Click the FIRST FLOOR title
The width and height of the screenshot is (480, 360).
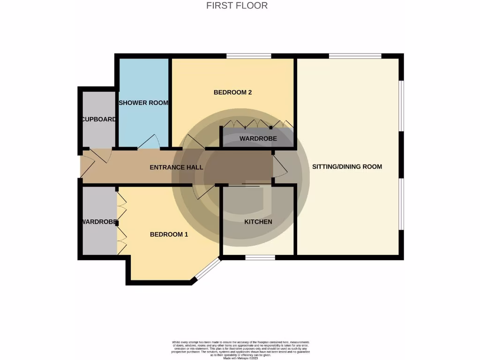pos(237,6)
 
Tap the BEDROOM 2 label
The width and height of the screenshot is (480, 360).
pos(232,92)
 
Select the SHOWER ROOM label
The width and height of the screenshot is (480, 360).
pos(143,103)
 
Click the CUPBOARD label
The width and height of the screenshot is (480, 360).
pos(98,119)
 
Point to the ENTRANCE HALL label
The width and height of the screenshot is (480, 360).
pos(176,167)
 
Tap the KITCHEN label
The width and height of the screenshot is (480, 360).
pos(258,222)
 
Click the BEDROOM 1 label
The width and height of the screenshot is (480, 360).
pos(169,234)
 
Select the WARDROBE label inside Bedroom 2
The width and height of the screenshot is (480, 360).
pos(258,139)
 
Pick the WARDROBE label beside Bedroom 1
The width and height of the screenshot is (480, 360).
pos(98,222)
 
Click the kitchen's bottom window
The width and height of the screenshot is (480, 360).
pos(260,256)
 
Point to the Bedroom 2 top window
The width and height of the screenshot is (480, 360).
pos(248,56)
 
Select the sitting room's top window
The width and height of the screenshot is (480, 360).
pos(355,56)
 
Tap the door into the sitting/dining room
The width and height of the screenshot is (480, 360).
pos(280,166)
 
